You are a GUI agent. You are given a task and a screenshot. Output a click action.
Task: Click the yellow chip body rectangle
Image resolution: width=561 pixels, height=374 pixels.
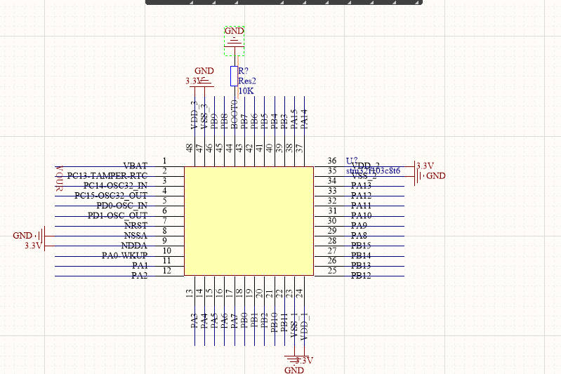(249, 220)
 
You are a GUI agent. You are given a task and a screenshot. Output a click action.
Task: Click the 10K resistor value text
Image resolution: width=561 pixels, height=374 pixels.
(246, 91)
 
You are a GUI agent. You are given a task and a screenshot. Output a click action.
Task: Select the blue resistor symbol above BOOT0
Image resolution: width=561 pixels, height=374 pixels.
(235, 76)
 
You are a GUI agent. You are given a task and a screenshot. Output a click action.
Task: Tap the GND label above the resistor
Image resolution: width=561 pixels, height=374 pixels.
(234, 32)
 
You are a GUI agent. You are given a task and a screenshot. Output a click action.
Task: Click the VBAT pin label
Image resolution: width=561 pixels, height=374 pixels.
(135, 166)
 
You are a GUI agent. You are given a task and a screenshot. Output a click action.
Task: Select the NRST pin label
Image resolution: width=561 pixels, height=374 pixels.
(135, 226)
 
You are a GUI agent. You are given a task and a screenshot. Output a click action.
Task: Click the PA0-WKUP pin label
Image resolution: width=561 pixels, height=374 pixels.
(124, 255)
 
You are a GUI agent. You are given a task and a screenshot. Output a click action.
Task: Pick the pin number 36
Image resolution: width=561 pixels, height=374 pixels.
(332, 161)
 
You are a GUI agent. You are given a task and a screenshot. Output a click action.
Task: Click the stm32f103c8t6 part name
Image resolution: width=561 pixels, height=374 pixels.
(374, 171)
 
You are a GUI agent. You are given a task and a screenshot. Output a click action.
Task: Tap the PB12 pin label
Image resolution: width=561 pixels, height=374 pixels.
(361, 276)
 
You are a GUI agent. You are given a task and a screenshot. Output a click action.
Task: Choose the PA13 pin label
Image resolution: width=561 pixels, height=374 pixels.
(361, 186)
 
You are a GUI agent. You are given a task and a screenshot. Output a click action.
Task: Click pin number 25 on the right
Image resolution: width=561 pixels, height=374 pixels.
(332, 271)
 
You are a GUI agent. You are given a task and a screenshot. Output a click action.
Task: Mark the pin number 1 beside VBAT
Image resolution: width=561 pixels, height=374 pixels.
(164, 161)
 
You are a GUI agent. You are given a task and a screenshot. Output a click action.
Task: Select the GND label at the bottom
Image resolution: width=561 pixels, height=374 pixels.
(293, 370)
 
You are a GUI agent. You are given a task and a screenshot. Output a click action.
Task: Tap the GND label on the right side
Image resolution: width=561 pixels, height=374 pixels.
(436, 176)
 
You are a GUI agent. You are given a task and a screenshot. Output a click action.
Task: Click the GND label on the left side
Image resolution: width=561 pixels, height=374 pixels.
(22, 236)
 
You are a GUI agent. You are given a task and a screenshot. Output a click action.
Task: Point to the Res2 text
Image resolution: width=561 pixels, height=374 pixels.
(247, 81)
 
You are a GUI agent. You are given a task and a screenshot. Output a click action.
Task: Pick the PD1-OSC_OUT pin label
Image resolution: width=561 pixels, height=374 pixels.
(117, 215)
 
